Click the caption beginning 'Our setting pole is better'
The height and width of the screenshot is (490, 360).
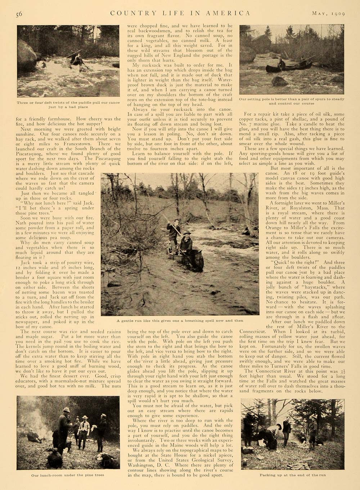(x=292, y=100)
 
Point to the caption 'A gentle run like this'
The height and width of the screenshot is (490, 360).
(x=180, y=321)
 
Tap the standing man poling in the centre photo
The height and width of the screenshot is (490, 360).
(x=175, y=232)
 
